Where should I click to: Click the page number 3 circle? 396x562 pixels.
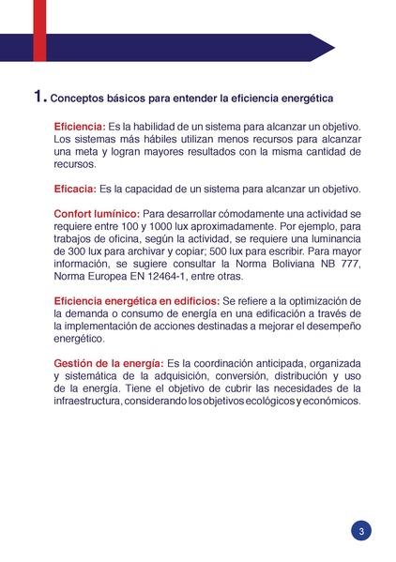pos(362,531)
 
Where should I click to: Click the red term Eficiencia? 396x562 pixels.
pos(80,126)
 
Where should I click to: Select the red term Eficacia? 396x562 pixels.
pos(77,189)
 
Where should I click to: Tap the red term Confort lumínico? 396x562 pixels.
pos(97,214)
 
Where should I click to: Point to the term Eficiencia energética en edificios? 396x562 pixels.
pos(135,300)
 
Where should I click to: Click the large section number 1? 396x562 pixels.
pos(38,96)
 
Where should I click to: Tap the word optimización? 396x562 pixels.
pos(317,300)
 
